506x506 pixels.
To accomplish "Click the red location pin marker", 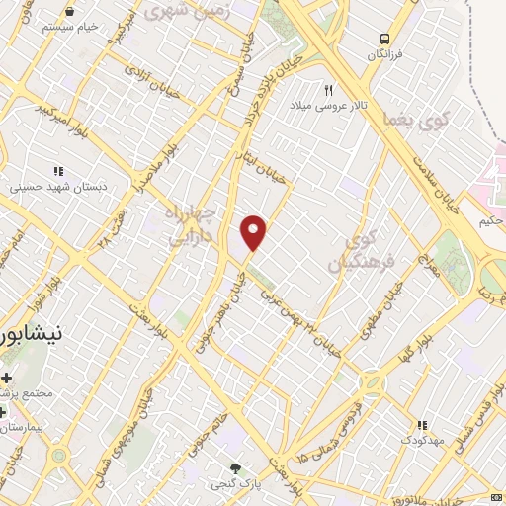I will point(254,231).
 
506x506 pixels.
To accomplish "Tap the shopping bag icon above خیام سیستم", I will point(69,11).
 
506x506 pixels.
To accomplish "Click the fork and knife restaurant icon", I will point(314,89).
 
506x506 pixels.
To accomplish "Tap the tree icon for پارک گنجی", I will point(234,467).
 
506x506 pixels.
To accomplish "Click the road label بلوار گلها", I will point(414,348).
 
